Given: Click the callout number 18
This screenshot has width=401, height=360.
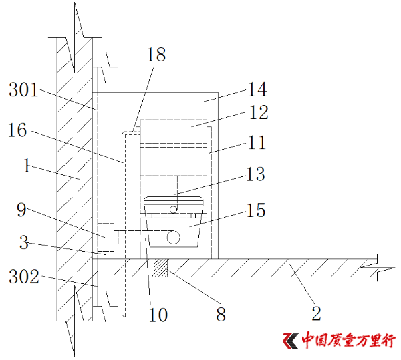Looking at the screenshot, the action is [x=156, y=55].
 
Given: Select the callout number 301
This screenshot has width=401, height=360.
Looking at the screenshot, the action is [x=23, y=89].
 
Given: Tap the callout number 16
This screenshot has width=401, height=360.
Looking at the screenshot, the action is [x=17, y=130].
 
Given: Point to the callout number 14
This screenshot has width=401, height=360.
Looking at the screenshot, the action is [x=257, y=89].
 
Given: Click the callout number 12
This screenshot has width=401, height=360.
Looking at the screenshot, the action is [x=259, y=112].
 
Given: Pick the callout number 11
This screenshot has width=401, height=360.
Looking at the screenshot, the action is [x=257, y=142].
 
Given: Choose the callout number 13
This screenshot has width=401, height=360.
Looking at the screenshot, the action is [x=255, y=174].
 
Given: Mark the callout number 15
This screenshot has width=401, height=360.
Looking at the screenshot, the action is [x=256, y=210].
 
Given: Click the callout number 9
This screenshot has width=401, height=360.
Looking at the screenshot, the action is [x=22, y=210].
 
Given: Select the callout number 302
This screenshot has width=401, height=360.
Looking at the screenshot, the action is [x=24, y=277].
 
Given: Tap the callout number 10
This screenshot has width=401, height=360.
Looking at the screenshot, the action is [x=158, y=315].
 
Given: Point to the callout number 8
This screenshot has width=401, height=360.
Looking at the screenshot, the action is [x=221, y=315].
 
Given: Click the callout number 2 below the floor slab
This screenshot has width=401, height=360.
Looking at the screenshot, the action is [x=316, y=313].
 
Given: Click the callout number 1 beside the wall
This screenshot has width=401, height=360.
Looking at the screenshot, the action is [x=27, y=166].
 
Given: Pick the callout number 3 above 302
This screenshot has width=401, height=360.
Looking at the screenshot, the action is [x=24, y=242].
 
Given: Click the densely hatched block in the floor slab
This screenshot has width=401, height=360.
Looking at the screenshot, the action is [x=160, y=268].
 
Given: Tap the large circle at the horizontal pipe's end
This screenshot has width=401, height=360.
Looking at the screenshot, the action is [x=173, y=237].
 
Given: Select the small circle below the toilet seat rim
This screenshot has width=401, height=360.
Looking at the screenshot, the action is [x=173, y=210].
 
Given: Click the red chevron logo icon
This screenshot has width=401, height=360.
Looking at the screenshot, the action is [x=291, y=341].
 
